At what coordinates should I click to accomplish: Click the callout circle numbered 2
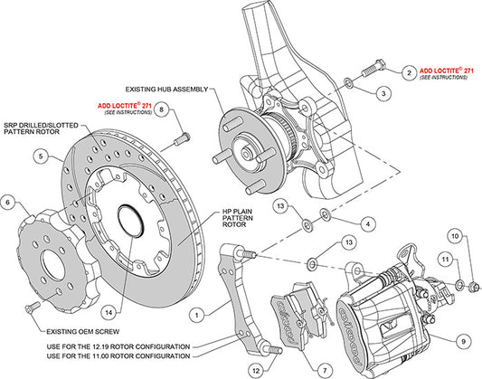click(x=409, y=71)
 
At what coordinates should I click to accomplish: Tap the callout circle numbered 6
click(x=9, y=204)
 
